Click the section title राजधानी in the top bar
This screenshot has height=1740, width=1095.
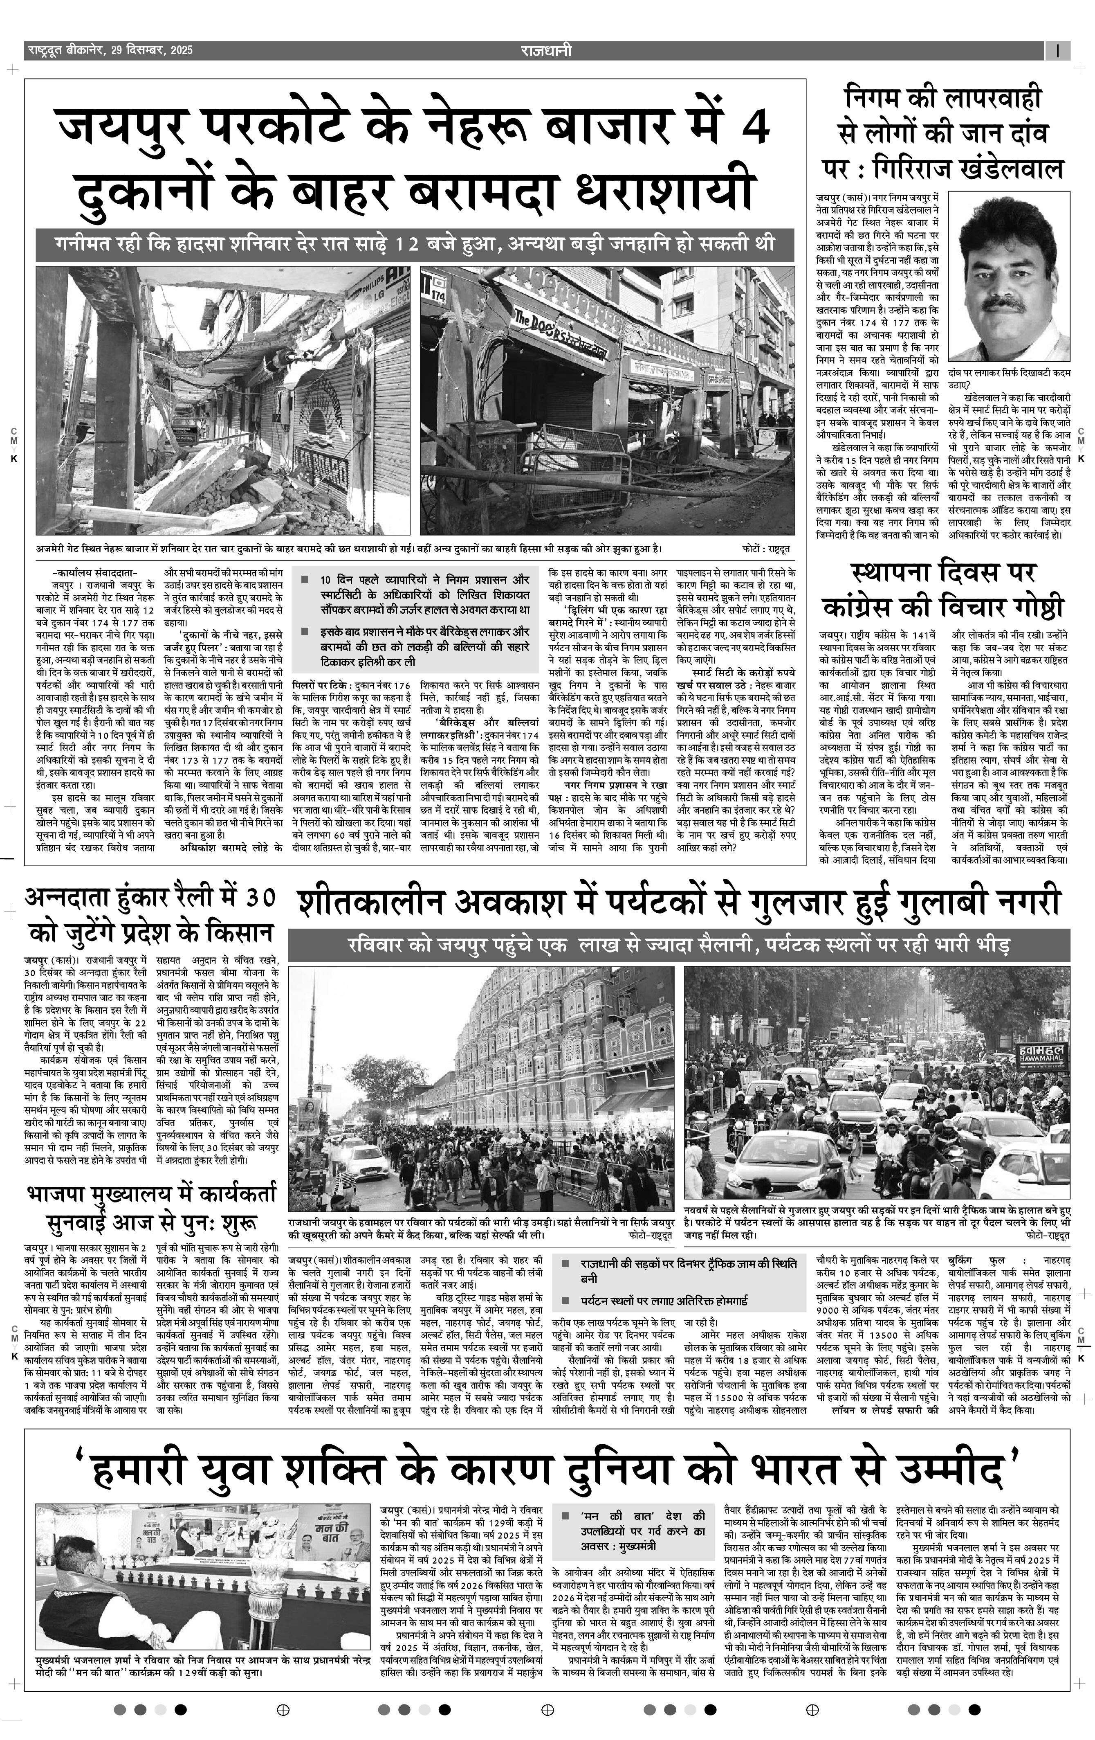(x=545, y=51)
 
